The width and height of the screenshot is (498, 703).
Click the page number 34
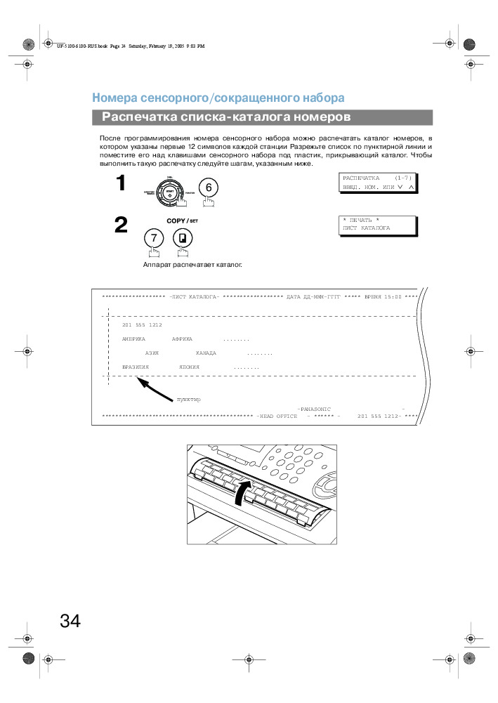70,622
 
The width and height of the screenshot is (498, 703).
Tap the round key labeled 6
209,187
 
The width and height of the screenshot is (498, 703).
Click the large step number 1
121,184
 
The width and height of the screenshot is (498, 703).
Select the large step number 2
121,225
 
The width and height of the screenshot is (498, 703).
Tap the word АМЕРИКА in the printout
133,339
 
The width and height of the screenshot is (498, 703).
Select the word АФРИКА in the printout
183,339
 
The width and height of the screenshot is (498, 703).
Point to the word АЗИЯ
151,353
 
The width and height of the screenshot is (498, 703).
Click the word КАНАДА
206,353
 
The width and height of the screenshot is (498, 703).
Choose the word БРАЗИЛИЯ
136,367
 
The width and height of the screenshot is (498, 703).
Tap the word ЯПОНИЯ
189,367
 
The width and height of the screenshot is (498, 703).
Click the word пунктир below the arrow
188,400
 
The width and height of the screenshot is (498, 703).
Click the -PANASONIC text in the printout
313,408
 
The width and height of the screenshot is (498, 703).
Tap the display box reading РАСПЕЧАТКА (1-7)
378,183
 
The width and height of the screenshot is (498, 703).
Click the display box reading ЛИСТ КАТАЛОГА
378,225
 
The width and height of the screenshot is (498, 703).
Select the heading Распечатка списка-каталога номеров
226,117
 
